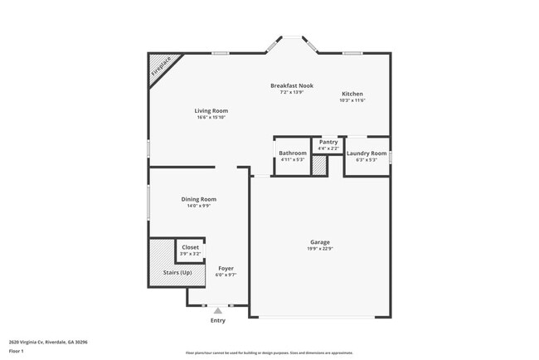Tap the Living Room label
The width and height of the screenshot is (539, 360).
(x=211, y=110)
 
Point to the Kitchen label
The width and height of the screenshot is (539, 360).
(x=352, y=94)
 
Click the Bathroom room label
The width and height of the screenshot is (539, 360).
(x=293, y=153)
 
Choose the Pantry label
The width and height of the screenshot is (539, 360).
(x=328, y=142)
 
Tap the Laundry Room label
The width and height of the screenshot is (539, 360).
(x=367, y=153)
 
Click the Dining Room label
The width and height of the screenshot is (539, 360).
(x=199, y=199)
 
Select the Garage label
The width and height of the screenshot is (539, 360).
(x=320, y=242)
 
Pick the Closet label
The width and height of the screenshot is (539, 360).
(x=191, y=247)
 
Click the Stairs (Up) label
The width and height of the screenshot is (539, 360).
(x=177, y=272)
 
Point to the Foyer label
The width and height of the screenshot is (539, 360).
(x=226, y=268)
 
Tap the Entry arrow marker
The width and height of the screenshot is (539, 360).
(x=218, y=311)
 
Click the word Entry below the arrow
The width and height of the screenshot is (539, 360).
(x=218, y=320)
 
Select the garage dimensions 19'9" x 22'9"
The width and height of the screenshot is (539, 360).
(x=320, y=249)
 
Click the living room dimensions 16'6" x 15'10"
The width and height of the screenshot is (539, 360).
(x=211, y=118)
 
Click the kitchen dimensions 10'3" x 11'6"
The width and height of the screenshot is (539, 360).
(x=352, y=100)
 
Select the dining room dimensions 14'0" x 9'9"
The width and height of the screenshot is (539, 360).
(x=199, y=206)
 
